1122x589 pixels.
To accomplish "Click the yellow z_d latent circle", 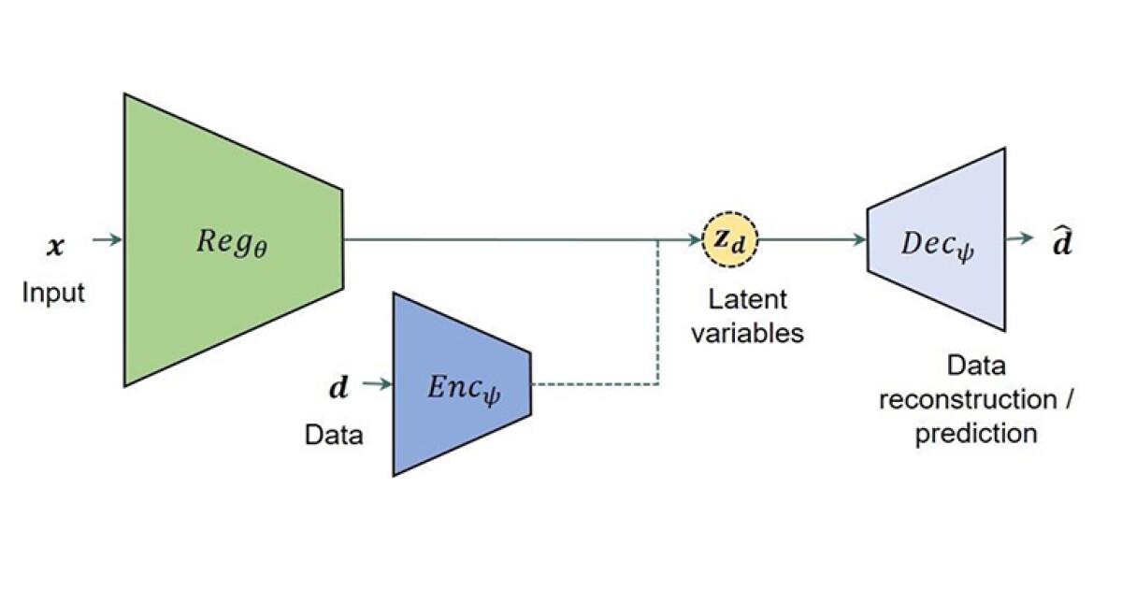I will [730, 239].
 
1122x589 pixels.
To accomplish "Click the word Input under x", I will [53, 293].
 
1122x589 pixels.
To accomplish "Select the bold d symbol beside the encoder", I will [338, 385].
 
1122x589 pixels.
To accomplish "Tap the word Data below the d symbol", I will [334, 435].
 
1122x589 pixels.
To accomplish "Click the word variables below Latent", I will [747, 333].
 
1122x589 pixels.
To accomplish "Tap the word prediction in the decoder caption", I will [976, 434].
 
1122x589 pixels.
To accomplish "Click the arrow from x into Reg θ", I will [108, 240].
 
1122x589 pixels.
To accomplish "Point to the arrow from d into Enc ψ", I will [373, 383].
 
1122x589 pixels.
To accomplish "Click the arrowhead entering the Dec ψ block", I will [859, 239].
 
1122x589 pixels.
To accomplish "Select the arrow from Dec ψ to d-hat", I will [1022, 239].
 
